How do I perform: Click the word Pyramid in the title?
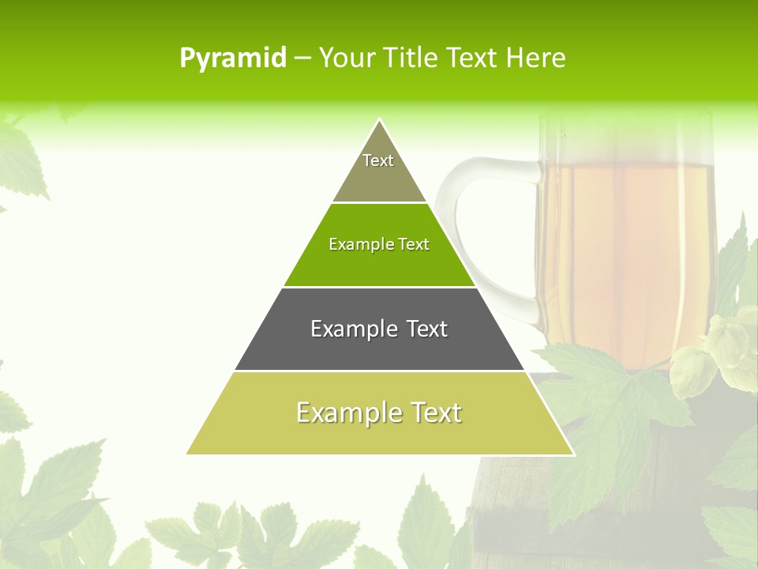(x=232, y=58)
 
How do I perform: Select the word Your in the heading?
(x=347, y=58)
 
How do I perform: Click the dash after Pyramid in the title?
(x=302, y=58)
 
